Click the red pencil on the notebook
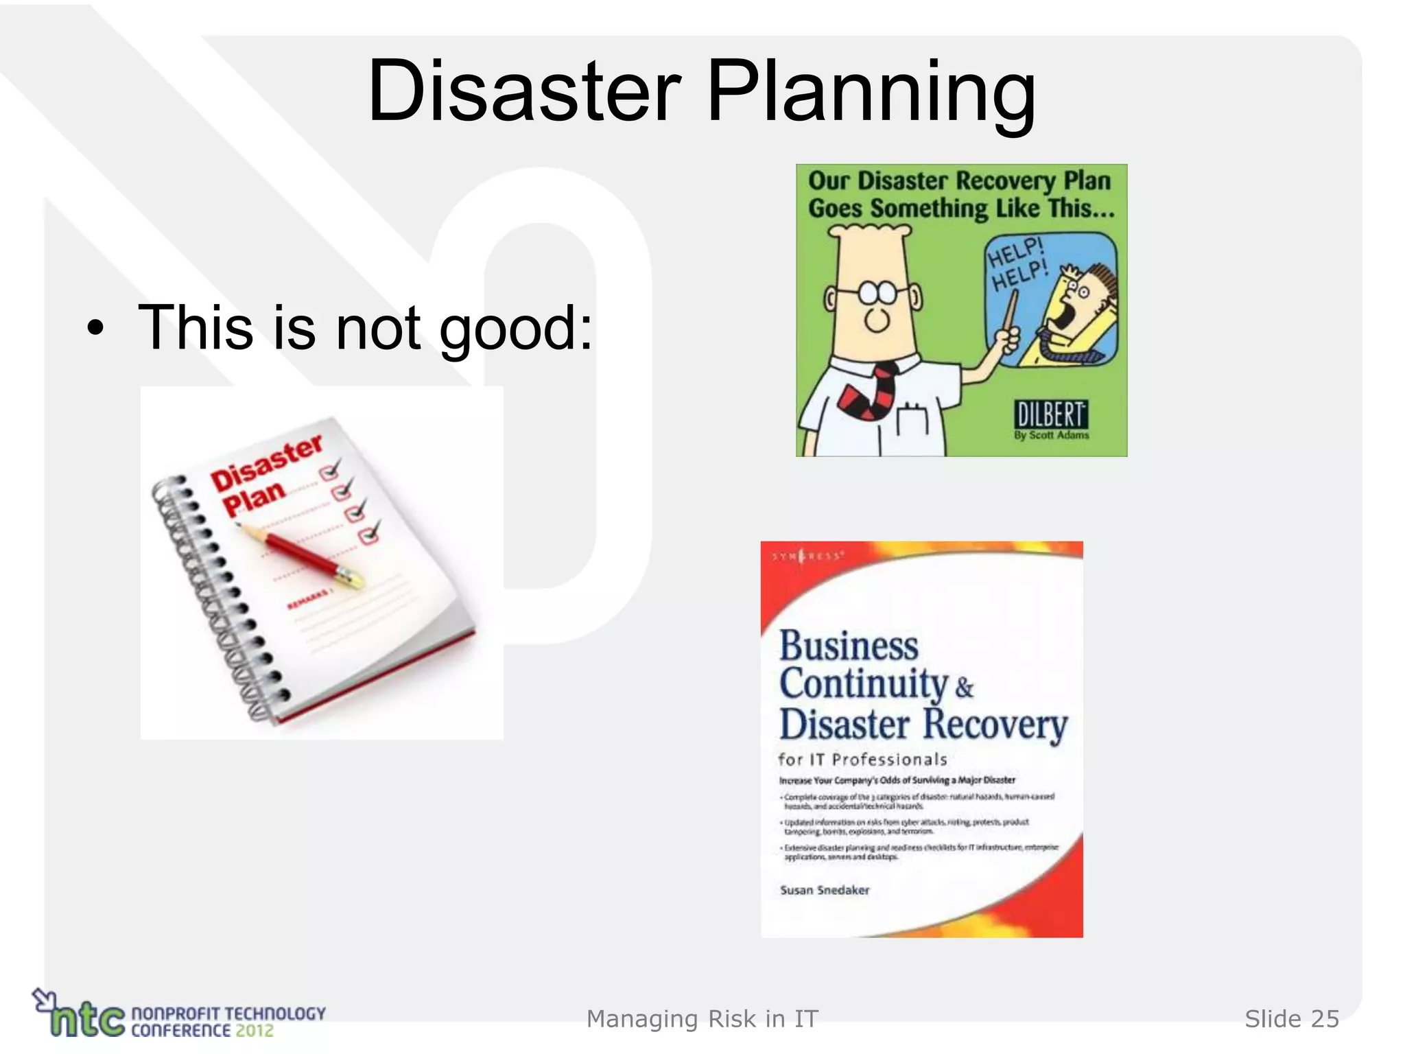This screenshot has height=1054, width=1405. point(302,556)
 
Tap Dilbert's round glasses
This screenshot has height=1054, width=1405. point(877,292)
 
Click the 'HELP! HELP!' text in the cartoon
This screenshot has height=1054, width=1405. point(1016,265)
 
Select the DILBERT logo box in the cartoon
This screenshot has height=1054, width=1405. point(1050,415)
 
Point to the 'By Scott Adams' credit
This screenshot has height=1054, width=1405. point(1051,435)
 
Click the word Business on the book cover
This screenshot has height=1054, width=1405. point(849,646)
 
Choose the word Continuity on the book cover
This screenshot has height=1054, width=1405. point(863,684)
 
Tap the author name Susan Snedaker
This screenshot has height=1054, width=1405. point(825,890)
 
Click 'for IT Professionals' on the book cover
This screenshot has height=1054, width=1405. point(862,760)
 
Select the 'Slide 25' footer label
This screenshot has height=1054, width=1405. point(1291,1019)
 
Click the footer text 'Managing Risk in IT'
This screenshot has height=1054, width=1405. point(702,1019)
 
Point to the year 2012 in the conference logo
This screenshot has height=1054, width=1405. point(255,1030)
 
